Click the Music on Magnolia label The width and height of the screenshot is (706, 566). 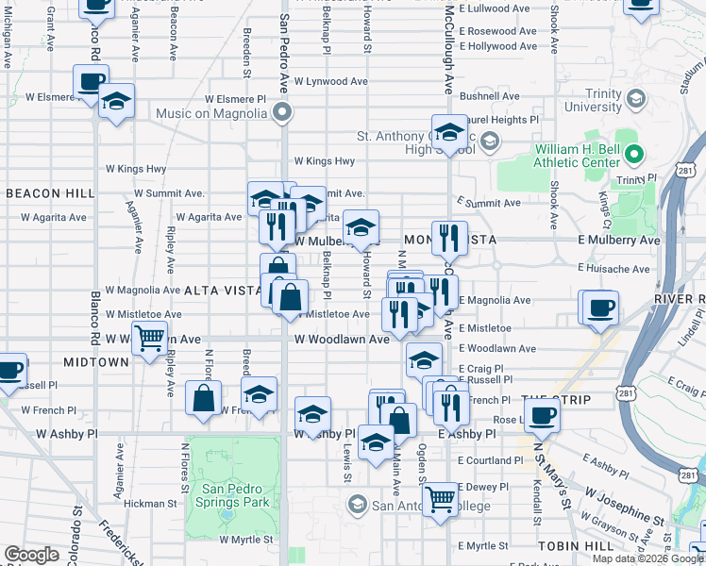tap(211, 114)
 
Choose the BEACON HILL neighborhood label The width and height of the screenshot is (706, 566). tap(50, 193)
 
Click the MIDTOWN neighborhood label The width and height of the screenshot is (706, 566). tap(95, 362)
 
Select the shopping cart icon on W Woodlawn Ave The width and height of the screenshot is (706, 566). tap(149, 338)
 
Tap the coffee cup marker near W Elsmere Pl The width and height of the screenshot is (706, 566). tap(91, 81)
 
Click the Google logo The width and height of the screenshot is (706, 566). tap(31, 555)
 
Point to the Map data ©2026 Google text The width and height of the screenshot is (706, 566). tap(648, 558)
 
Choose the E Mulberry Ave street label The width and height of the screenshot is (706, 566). tap(619, 241)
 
